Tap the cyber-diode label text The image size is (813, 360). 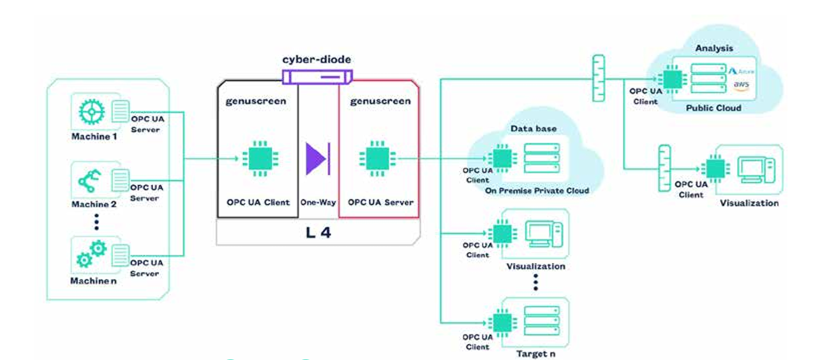tap(317, 59)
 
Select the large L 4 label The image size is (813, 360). tap(318, 232)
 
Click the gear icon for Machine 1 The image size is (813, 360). tap(91, 111)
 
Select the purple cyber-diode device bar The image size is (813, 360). tap(317, 77)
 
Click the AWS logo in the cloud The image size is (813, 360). tap(741, 85)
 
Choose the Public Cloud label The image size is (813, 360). tap(713, 108)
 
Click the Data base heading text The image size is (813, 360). tap(533, 128)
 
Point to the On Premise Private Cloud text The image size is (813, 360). tap(537, 190)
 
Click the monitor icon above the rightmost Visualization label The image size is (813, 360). tap(756, 169)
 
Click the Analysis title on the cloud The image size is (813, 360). tap(714, 48)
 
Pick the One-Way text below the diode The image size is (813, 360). tap(318, 202)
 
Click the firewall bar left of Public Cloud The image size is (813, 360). tap(598, 79)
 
